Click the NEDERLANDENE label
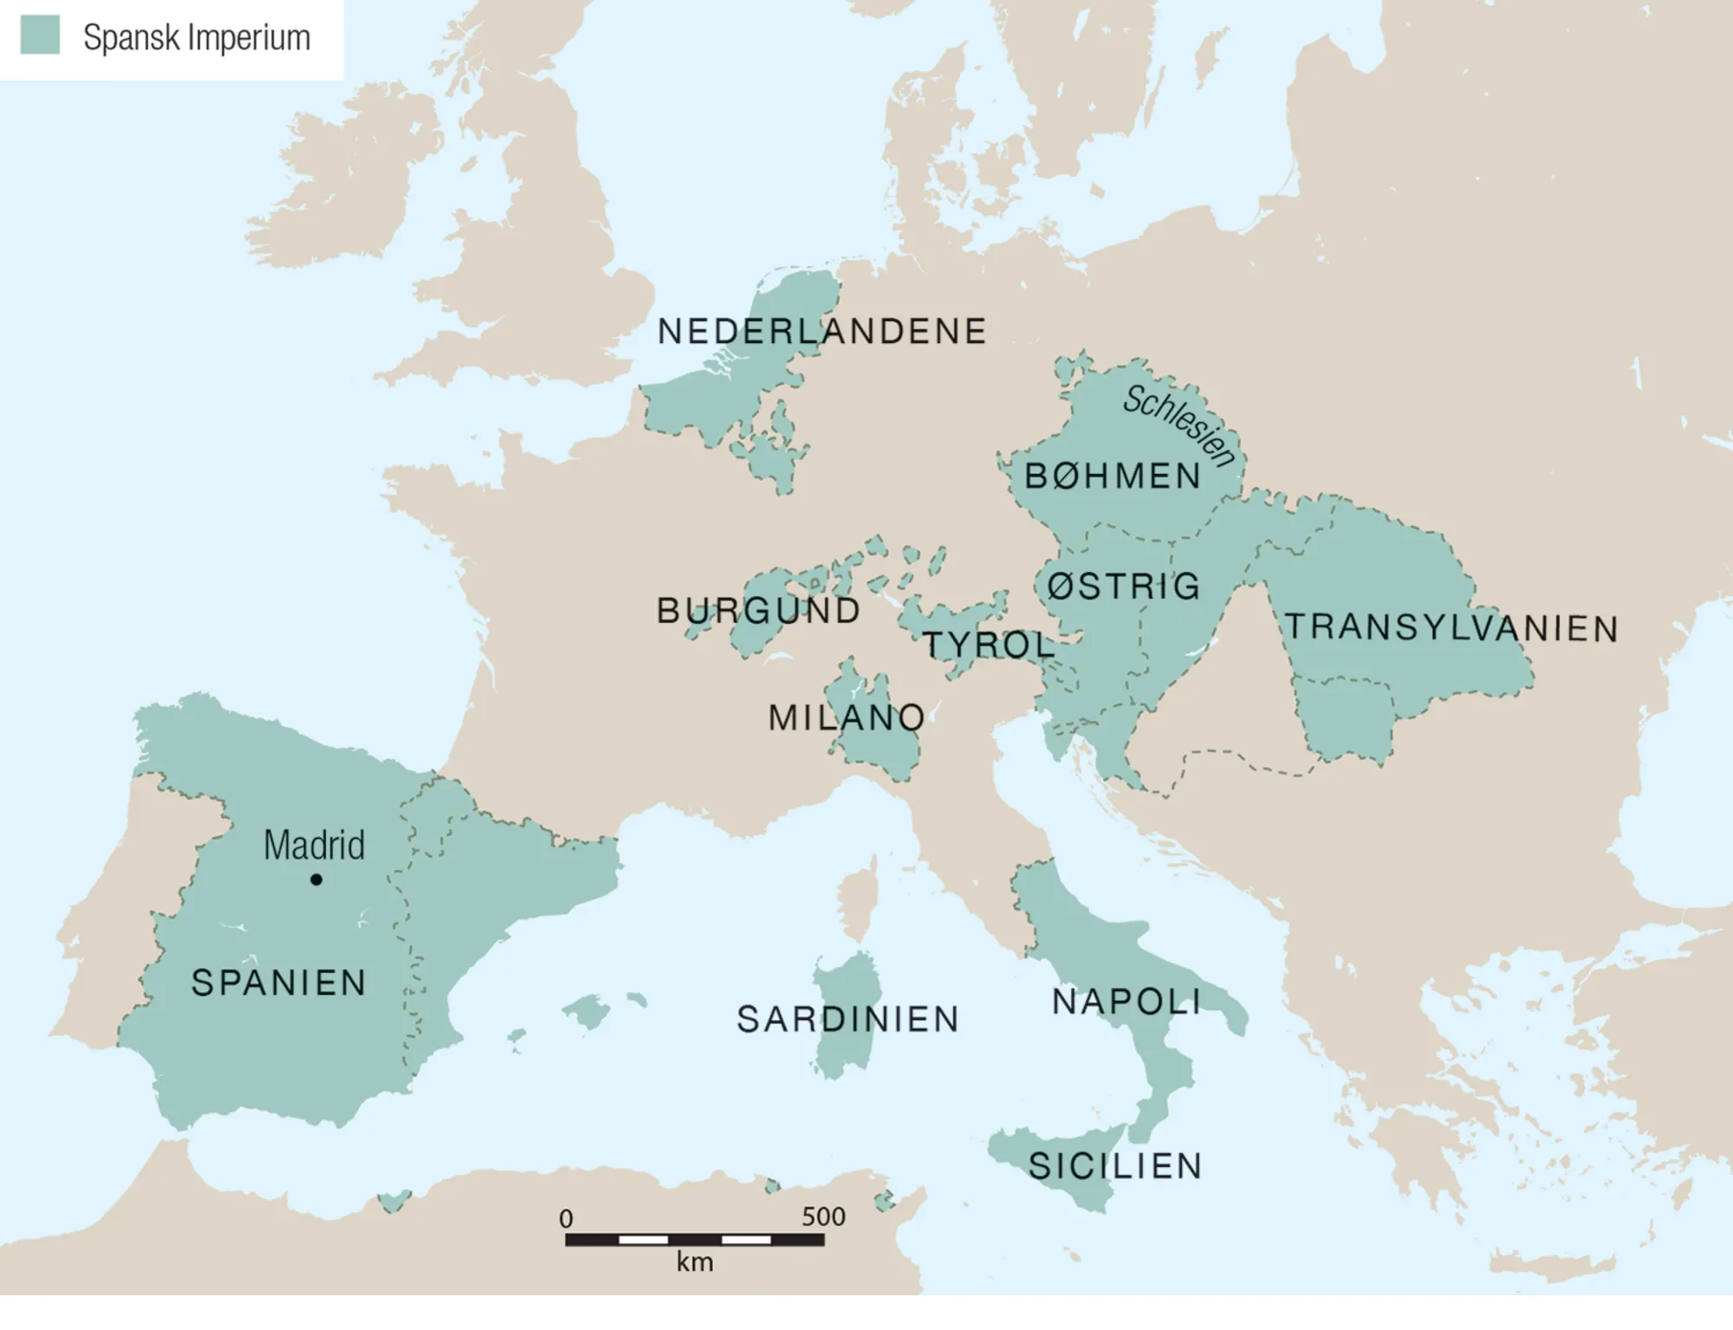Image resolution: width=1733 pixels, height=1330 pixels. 821,332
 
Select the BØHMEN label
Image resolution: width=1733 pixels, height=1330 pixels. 1113,477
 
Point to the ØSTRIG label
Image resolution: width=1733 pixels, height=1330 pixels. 1124,587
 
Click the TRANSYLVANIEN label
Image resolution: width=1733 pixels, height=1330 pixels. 1451,628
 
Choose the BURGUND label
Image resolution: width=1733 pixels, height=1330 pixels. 758,611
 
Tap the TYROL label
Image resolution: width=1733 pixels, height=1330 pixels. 988,645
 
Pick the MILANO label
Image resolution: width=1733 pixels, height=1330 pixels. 847,717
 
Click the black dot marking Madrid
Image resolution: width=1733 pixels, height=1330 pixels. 316,879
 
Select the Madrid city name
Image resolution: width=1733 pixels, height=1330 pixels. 314,845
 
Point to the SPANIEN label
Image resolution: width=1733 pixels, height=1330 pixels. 279,983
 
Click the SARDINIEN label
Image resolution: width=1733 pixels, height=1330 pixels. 847,1020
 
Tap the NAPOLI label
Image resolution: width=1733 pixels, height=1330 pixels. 1126,1002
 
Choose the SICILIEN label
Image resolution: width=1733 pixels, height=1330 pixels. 1115,1166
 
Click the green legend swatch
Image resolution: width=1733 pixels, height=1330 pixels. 40,36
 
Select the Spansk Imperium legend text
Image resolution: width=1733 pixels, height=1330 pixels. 197,38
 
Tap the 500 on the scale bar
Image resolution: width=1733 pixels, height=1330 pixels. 822,1216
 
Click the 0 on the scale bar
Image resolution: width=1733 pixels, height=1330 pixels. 566,1218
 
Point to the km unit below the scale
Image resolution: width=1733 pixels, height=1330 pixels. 695,1262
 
